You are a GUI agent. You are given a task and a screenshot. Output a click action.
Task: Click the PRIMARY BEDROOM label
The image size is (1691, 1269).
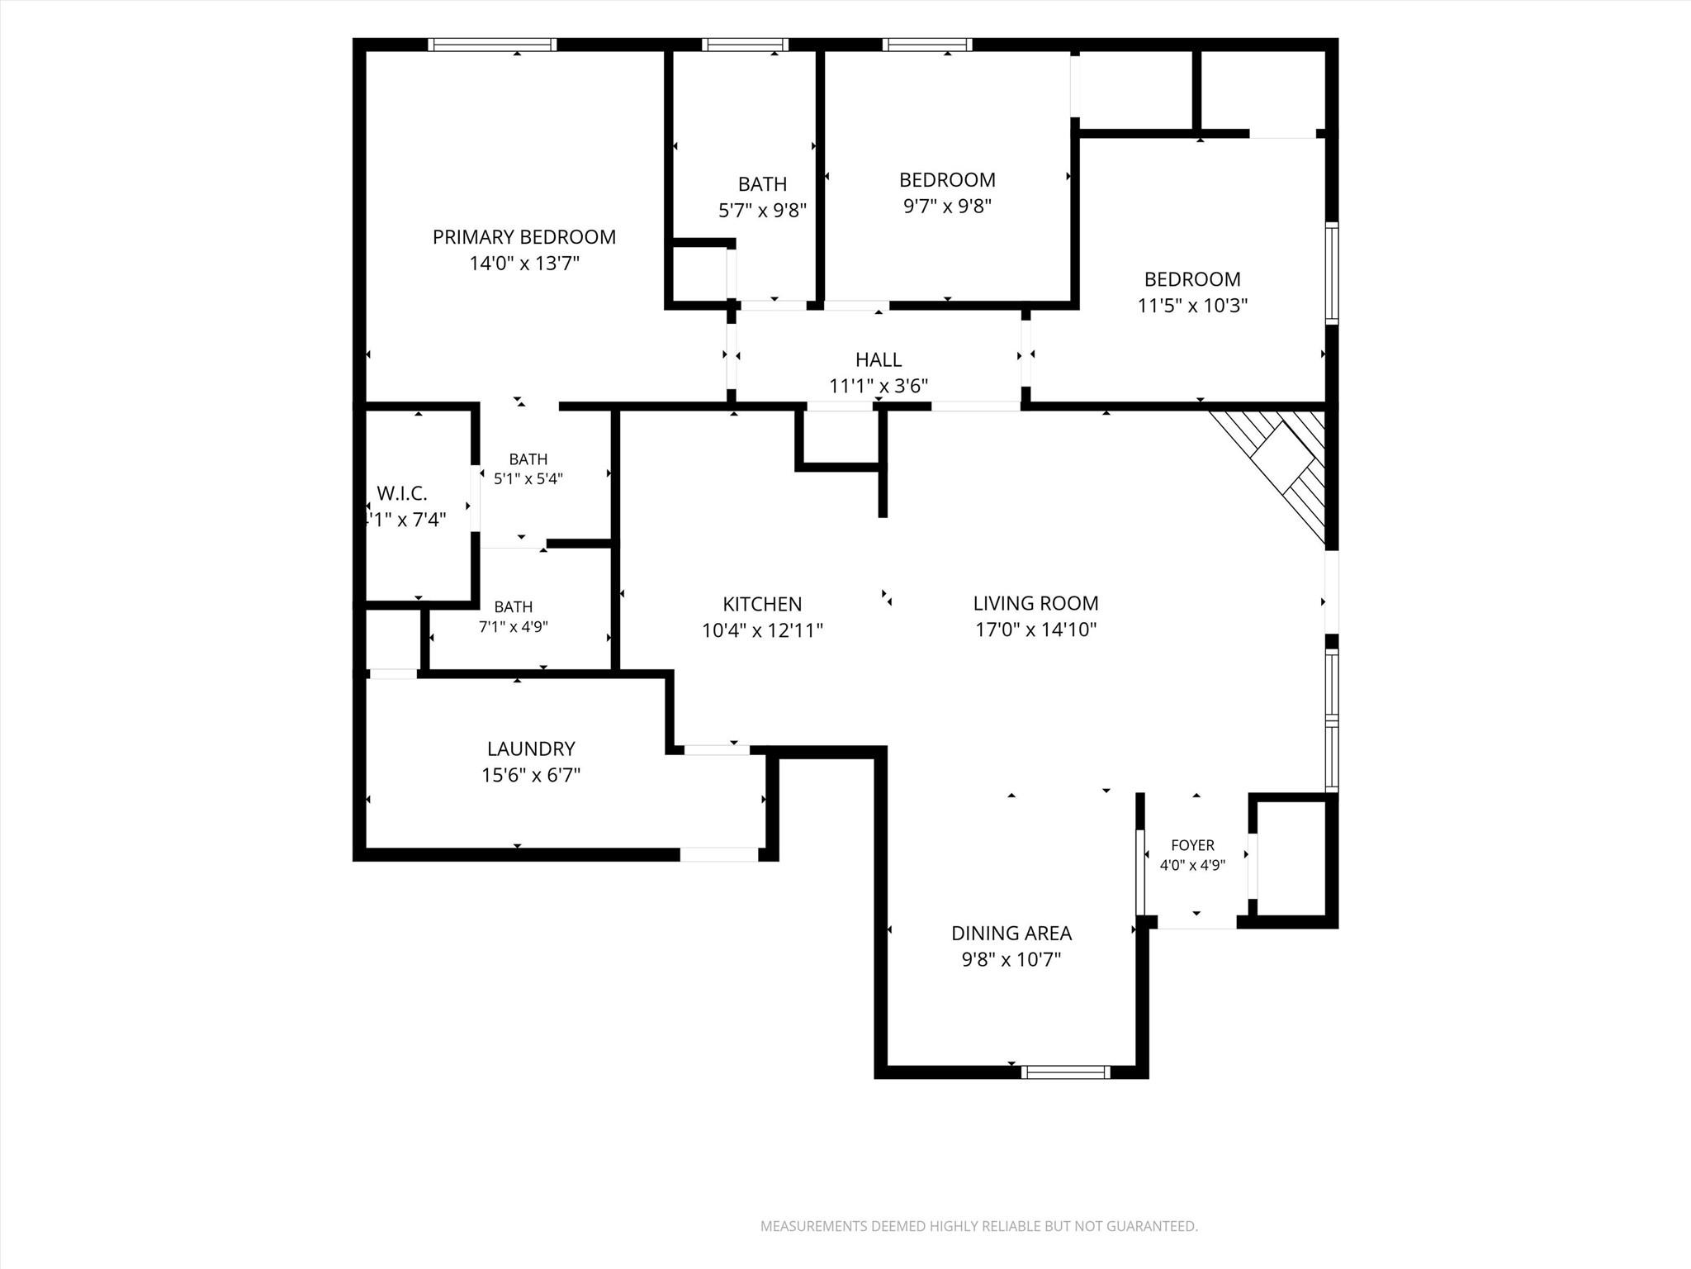click(x=524, y=237)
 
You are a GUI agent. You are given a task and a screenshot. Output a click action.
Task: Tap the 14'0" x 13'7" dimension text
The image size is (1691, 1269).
click(x=524, y=264)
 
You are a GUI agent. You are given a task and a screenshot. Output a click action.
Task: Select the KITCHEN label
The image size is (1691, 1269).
click(x=762, y=604)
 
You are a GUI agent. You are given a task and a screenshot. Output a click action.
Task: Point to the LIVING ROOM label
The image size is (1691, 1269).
click(x=1035, y=603)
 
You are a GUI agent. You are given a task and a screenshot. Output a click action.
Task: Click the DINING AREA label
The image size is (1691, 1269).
click(x=1011, y=933)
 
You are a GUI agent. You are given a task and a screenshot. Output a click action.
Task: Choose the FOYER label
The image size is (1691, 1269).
click(x=1192, y=845)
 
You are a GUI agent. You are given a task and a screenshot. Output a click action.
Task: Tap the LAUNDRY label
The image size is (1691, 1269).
click(x=531, y=749)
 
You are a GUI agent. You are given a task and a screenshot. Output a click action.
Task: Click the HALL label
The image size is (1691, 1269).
click(x=879, y=359)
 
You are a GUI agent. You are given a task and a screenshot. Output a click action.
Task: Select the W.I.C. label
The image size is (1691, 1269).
click(x=402, y=493)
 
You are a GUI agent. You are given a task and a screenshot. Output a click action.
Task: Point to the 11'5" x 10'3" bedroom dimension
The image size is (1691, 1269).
click(x=1192, y=306)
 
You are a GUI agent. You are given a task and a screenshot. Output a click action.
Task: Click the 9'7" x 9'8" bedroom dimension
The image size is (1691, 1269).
click(x=947, y=206)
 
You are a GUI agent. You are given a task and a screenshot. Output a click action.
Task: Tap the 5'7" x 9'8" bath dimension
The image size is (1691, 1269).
click(x=762, y=210)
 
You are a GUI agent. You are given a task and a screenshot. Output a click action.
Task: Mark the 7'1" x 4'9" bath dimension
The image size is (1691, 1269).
click(x=514, y=627)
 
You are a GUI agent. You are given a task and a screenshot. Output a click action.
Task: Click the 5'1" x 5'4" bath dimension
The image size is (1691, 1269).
click(x=528, y=478)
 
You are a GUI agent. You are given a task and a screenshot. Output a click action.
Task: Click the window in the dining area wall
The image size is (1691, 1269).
click(x=1065, y=1072)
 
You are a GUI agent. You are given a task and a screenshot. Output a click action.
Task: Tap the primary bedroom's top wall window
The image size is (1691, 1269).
click(x=492, y=45)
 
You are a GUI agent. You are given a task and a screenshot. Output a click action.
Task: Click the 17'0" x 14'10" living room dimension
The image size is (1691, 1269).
click(x=1035, y=630)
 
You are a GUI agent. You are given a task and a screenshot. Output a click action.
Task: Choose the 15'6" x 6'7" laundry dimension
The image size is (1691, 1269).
click(x=531, y=775)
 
